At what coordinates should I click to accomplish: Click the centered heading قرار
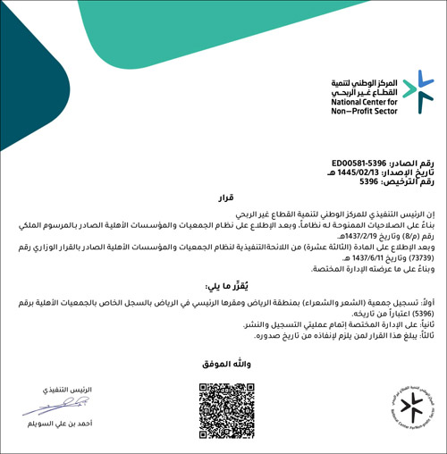(x=223, y=197)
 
